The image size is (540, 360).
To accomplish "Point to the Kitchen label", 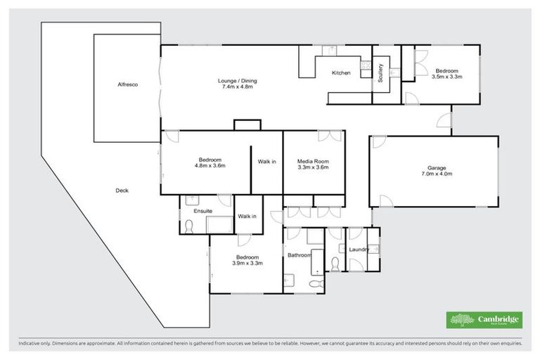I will pyautogui.click(x=341, y=73).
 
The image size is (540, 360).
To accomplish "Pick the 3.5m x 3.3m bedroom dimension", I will pyautogui.click(x=446, y=77).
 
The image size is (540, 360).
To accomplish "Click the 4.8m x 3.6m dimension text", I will pyautogui.click(x=209, y=167).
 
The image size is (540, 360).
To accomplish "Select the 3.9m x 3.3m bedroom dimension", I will pyautogui.click(x=249, y=264).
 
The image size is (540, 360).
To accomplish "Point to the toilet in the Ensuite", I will pyautogui.click(x=188, y=226).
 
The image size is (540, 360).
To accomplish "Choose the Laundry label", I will pyautogui.click(x=359, y=250).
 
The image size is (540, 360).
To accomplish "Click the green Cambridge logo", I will pyautogui.click(x=485, y=320).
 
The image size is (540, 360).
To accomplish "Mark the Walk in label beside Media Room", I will pyautogui.click(x=266, y=162).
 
